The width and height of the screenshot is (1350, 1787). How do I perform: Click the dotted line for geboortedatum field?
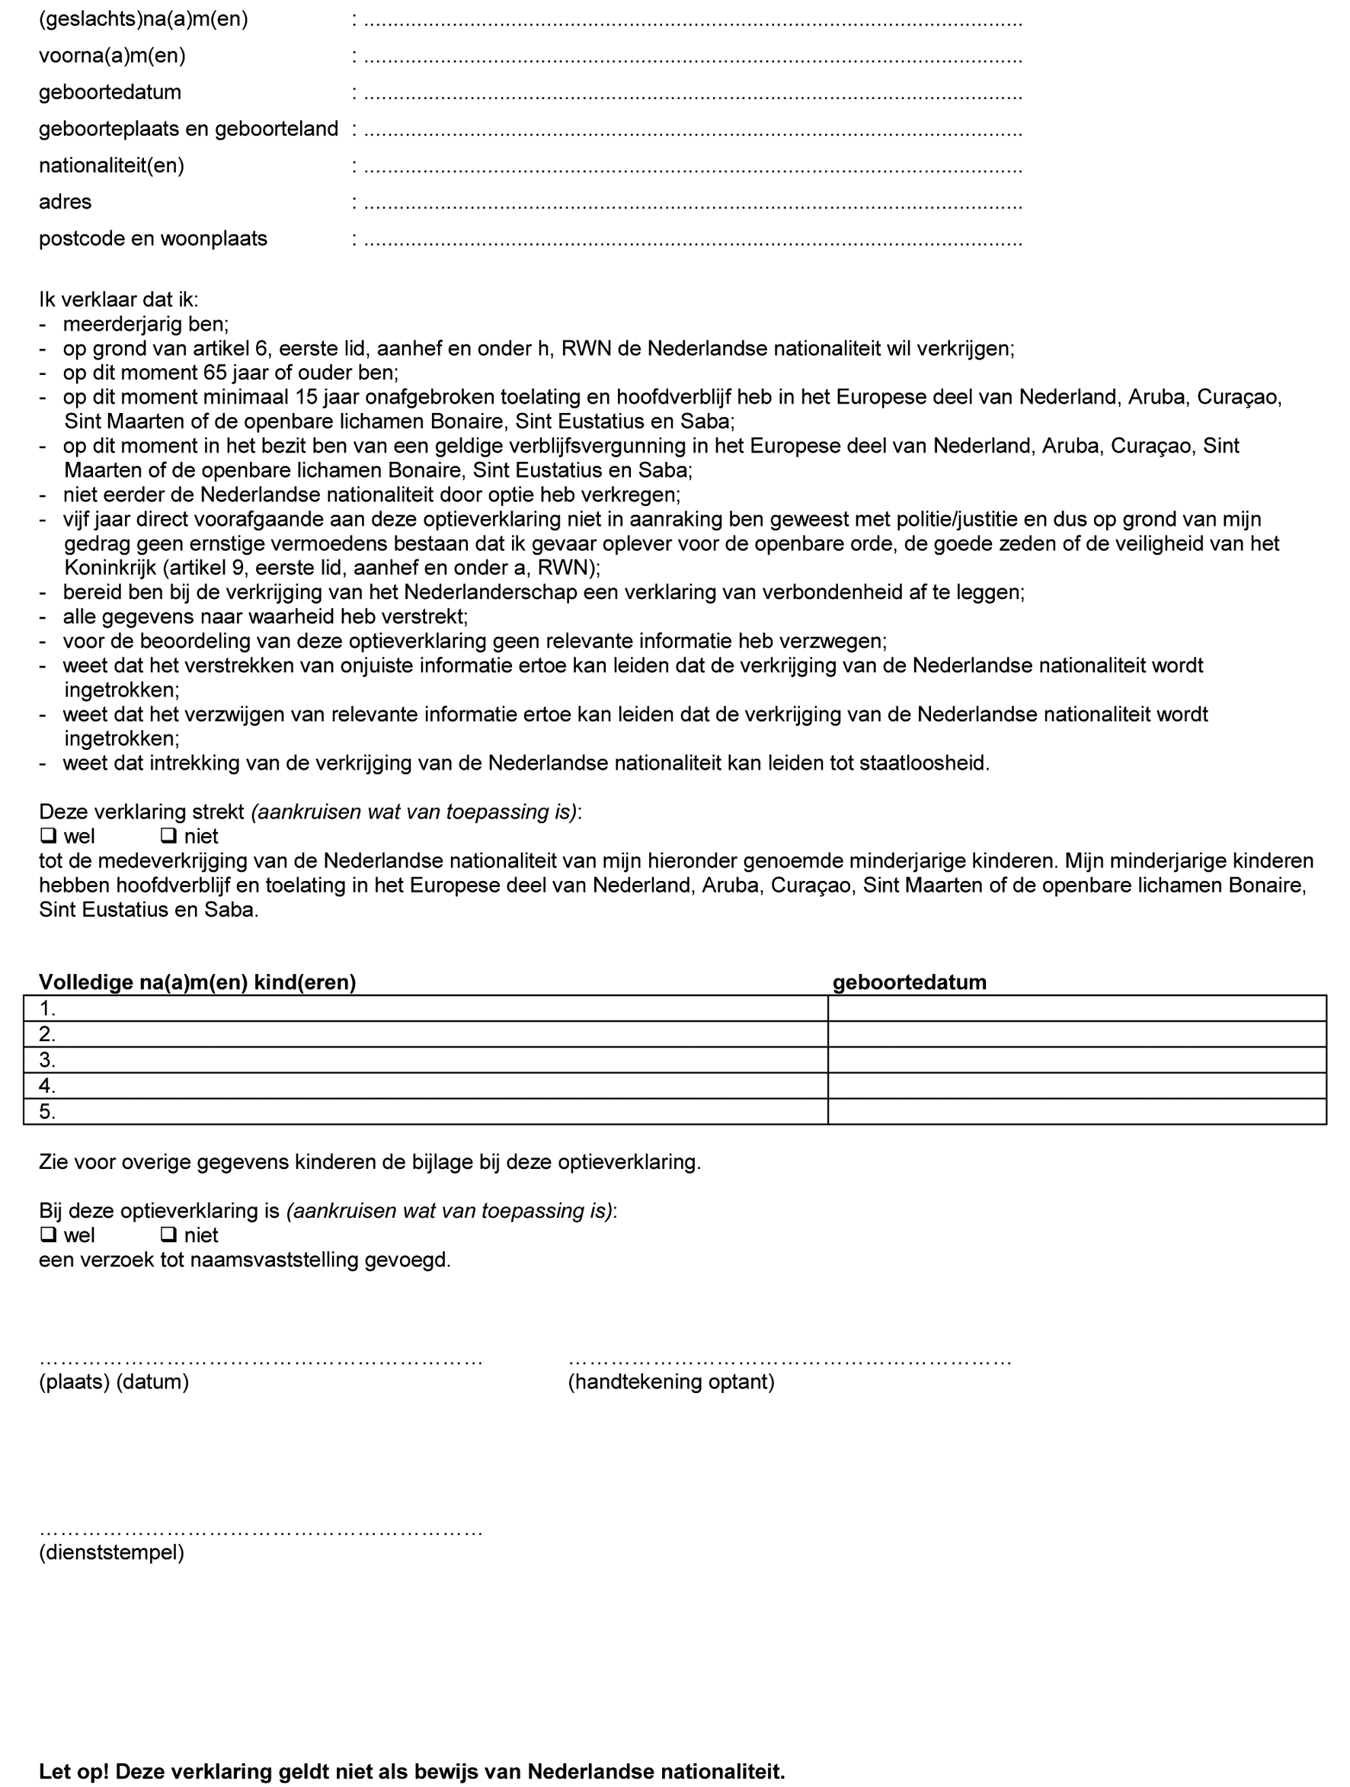click(693, 95)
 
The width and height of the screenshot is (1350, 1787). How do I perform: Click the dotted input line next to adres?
click(693, 205)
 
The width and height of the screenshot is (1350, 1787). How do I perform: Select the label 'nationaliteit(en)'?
click(111, 165)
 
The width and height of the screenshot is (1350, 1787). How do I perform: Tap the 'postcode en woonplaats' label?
click(152, 239)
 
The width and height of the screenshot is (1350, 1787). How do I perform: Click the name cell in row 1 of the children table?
click(426, 1008)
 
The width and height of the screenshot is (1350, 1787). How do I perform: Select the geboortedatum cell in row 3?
click(1076, 1060)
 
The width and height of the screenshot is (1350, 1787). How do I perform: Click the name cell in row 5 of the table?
click(426, 1112)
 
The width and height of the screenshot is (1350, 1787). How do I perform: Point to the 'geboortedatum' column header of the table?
click(909, 982)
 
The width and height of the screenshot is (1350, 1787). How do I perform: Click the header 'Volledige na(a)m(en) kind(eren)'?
click(197, 982)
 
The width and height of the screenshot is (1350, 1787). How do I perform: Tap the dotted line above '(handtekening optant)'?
click(789, 1362)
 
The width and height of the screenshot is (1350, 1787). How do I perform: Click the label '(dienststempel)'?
click(111, 1552)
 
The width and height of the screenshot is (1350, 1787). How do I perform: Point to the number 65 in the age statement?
click(215, 373)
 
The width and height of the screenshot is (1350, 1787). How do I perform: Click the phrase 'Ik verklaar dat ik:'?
click(118, 299)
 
